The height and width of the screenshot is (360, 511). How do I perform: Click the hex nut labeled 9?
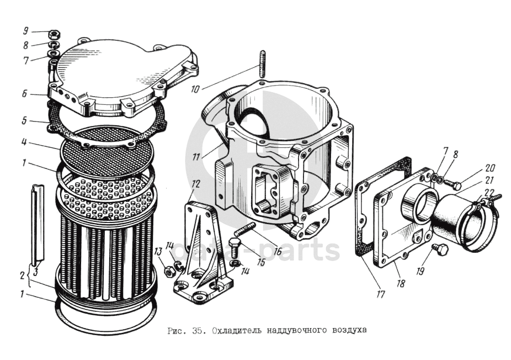53,33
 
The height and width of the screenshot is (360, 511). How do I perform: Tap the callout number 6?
25,93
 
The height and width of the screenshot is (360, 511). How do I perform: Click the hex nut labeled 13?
169,271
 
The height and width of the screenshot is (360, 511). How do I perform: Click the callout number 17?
380,294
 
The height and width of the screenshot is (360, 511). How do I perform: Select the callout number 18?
401,283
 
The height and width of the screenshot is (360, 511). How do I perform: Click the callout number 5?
24,121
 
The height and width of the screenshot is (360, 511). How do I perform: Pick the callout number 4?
24,143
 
